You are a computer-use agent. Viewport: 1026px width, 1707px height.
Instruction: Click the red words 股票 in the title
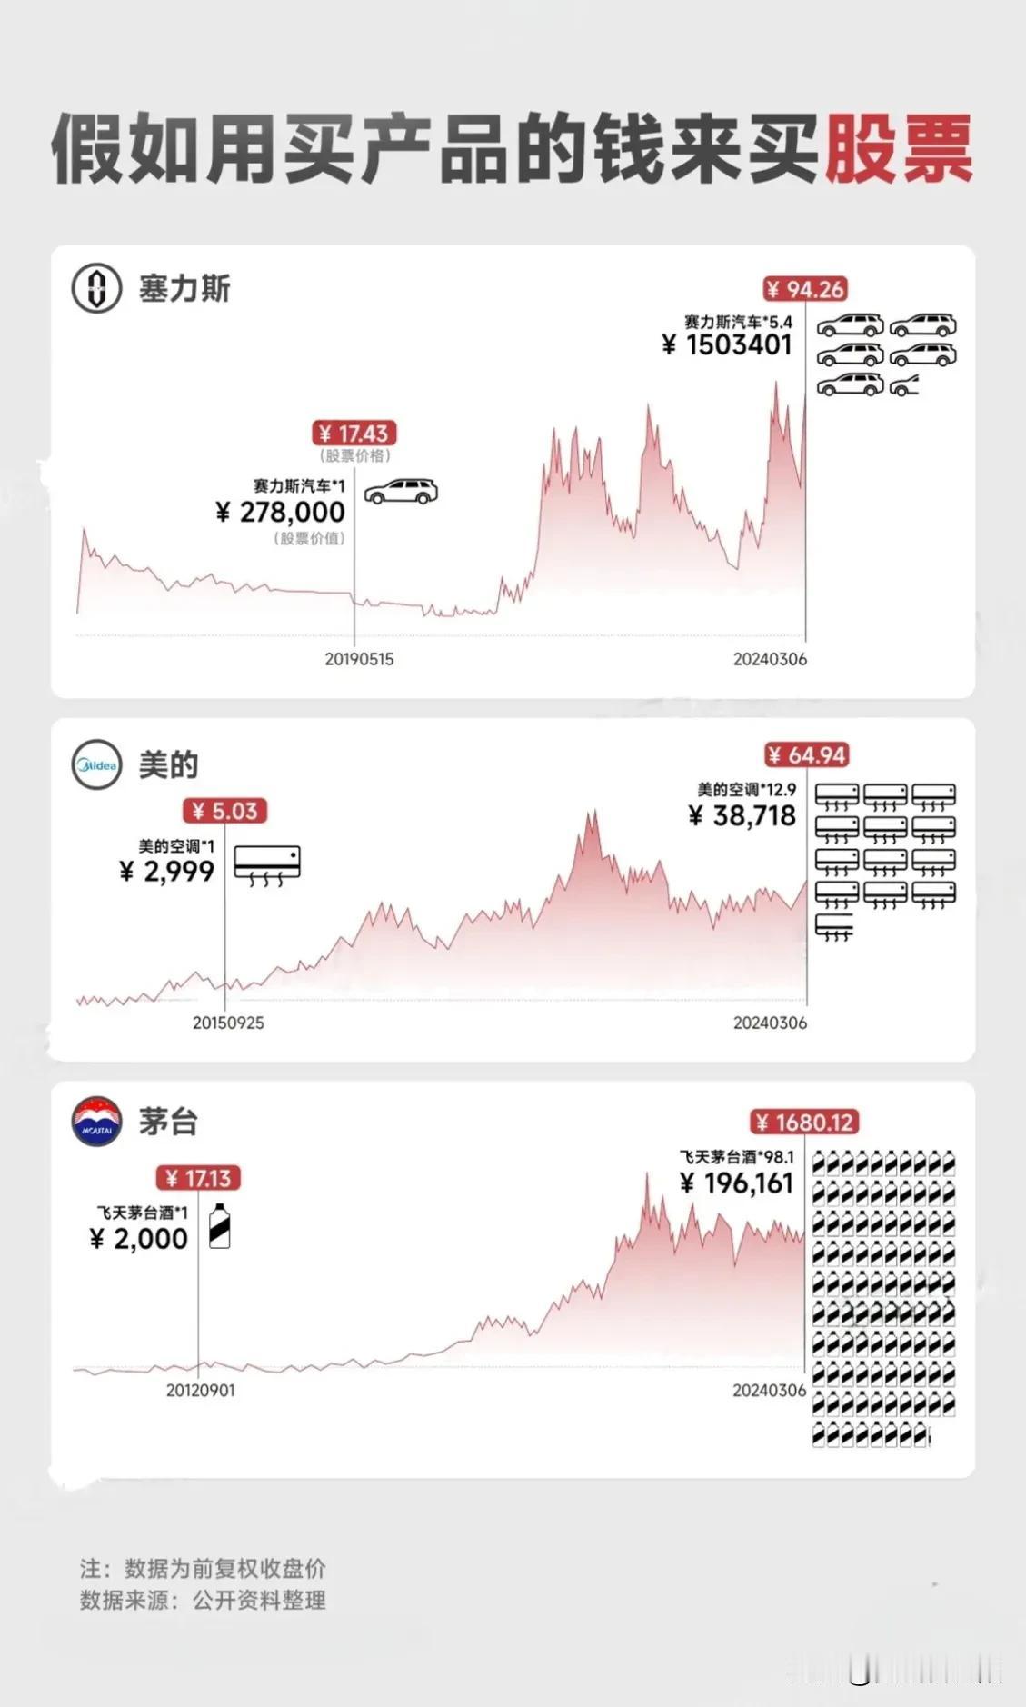tap(898, 148)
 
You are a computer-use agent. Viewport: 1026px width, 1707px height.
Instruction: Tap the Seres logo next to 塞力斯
tap(96, 289)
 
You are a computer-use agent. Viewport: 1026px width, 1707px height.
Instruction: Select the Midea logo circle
tap(96, 765)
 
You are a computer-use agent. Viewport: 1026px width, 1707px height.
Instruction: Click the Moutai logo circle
tap(96, 1121)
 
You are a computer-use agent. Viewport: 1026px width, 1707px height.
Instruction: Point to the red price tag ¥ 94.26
tap(805, 289)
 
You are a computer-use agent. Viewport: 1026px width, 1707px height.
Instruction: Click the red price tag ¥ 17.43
tap(354, 434)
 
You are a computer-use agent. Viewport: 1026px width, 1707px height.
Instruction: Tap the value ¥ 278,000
tap(281, 512)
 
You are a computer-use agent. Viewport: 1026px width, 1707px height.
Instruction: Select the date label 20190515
tap(359, 659)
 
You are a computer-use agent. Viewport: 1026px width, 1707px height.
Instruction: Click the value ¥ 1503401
tap(727, 344)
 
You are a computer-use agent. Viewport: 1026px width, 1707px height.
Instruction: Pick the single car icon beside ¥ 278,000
tap(401, 491)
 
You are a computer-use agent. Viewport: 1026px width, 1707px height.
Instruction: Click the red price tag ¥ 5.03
tap(224, 810)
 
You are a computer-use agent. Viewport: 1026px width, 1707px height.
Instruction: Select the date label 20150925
tap(228, 1023)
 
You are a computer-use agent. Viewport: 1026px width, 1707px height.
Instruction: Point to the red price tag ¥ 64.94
tap(806, 754)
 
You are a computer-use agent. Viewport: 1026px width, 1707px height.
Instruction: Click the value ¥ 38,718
tap(742, 815)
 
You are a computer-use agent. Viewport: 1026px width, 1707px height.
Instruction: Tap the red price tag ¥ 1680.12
tap(804, 1122)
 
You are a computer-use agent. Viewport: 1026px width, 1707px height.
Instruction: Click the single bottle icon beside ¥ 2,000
tap(219, 1226)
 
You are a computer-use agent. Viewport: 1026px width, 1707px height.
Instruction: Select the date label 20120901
tap(200, 1390)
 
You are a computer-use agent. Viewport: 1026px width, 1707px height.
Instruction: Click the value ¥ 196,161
tap(737, 1183)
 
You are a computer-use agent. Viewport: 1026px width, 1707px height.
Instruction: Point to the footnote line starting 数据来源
tap(203, 1600)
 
